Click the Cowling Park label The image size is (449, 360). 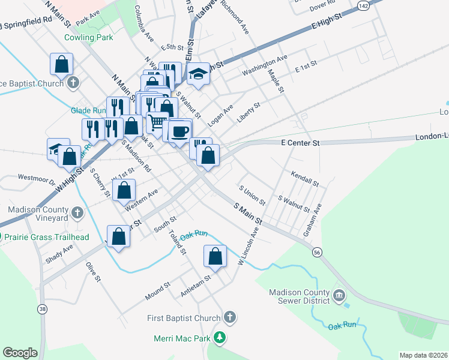pyautogui.click(x=88, y=37)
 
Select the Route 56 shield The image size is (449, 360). pyautogui.click(x=316, y=253)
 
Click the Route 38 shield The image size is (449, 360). pyautogui.click(x=42, y=309)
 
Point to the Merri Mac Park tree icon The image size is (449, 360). pyautogui.click(x=220, y=338)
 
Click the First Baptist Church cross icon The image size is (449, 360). pyautogui.click(x=229, y=317)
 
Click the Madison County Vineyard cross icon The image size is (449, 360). pyautogui.click(x=77, y=212)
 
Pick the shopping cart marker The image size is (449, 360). pyautogui.click(x=157, y=122)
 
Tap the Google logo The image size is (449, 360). pyautogui.click(x=20, y=353)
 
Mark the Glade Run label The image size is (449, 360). pyautogui.click(x=88, y=110)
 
